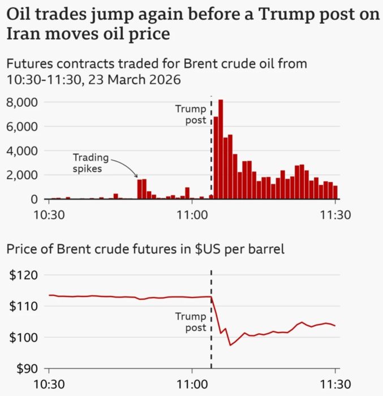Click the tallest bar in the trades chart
tap(221, 149)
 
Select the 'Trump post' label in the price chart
tap(191, 322)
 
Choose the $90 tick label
tap(24, 369)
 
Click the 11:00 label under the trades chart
tap(192, 215)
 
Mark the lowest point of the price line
tap(230, 345)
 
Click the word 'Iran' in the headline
tap(21, 34)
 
